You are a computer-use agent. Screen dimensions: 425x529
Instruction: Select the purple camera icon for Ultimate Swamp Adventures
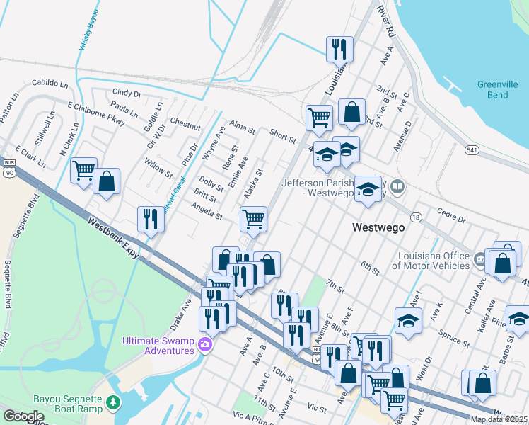(x=205, y=344)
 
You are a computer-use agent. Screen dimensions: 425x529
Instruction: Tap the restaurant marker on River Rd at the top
(x=339, y=49)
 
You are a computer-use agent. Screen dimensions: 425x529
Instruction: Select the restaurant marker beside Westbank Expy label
(x=150, y=219)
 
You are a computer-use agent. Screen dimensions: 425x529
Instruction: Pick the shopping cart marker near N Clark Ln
(x=84, y=170)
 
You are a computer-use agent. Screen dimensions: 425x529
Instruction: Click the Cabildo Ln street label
(x=54, y=83)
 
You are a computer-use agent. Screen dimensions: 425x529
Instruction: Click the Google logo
(x=23, y=416)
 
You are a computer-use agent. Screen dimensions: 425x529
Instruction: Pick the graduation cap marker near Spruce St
(x=408, y=321)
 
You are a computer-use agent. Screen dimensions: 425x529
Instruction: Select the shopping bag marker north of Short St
(x=351, y=111)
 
